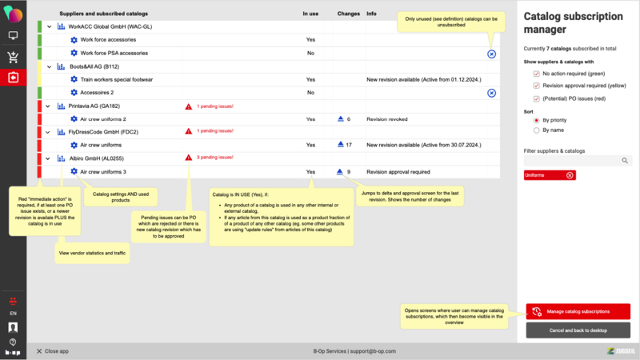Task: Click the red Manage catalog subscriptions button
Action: click(578, 311)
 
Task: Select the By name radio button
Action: click(536, 130)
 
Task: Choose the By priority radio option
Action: click(536, 121)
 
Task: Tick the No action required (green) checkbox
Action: click(536, 74)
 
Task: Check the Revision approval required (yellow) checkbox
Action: click(536, 86)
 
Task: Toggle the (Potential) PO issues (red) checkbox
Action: click(536, 98)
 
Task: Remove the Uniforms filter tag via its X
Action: click(570, 175)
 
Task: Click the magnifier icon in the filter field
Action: click(625, 161)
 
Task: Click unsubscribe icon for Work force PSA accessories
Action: click(491, 54)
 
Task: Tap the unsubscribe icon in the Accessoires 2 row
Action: click(491, 93)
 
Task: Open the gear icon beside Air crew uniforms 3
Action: click(74, 172)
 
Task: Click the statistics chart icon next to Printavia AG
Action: click(62, 106)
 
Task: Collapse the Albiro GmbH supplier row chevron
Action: click(49, 159)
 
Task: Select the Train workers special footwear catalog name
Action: click(116, 80)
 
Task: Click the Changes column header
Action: click(348, 14)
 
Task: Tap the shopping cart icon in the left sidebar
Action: click(13, 57)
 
